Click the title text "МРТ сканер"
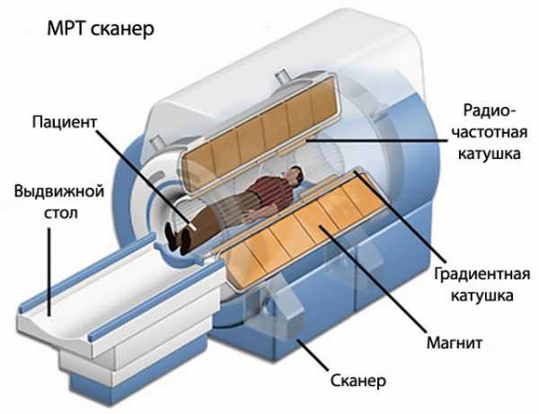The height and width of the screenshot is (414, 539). coord(101,30)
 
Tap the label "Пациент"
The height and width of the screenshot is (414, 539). coord(65,122)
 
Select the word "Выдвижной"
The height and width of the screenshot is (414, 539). coord(59,191)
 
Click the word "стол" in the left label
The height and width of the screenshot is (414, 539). coord(60,213)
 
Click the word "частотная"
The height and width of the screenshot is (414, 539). coord(490,132)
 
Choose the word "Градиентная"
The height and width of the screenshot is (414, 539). coord(482,275)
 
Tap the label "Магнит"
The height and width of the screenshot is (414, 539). coord(454,342)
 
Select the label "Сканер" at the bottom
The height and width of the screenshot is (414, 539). coord(358,381)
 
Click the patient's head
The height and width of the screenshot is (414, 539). coord(296,175)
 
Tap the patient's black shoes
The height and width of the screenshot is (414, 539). coord(178,237)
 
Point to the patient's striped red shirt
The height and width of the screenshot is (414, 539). coord(267,194)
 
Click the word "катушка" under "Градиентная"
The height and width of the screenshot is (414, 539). coord(482,295)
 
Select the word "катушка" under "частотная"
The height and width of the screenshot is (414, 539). coord(490,154)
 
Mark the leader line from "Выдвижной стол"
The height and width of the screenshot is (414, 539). coord(49,271)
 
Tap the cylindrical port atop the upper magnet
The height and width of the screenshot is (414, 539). coord(283,75)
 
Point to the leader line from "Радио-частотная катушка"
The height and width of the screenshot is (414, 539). coord(376,140)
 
